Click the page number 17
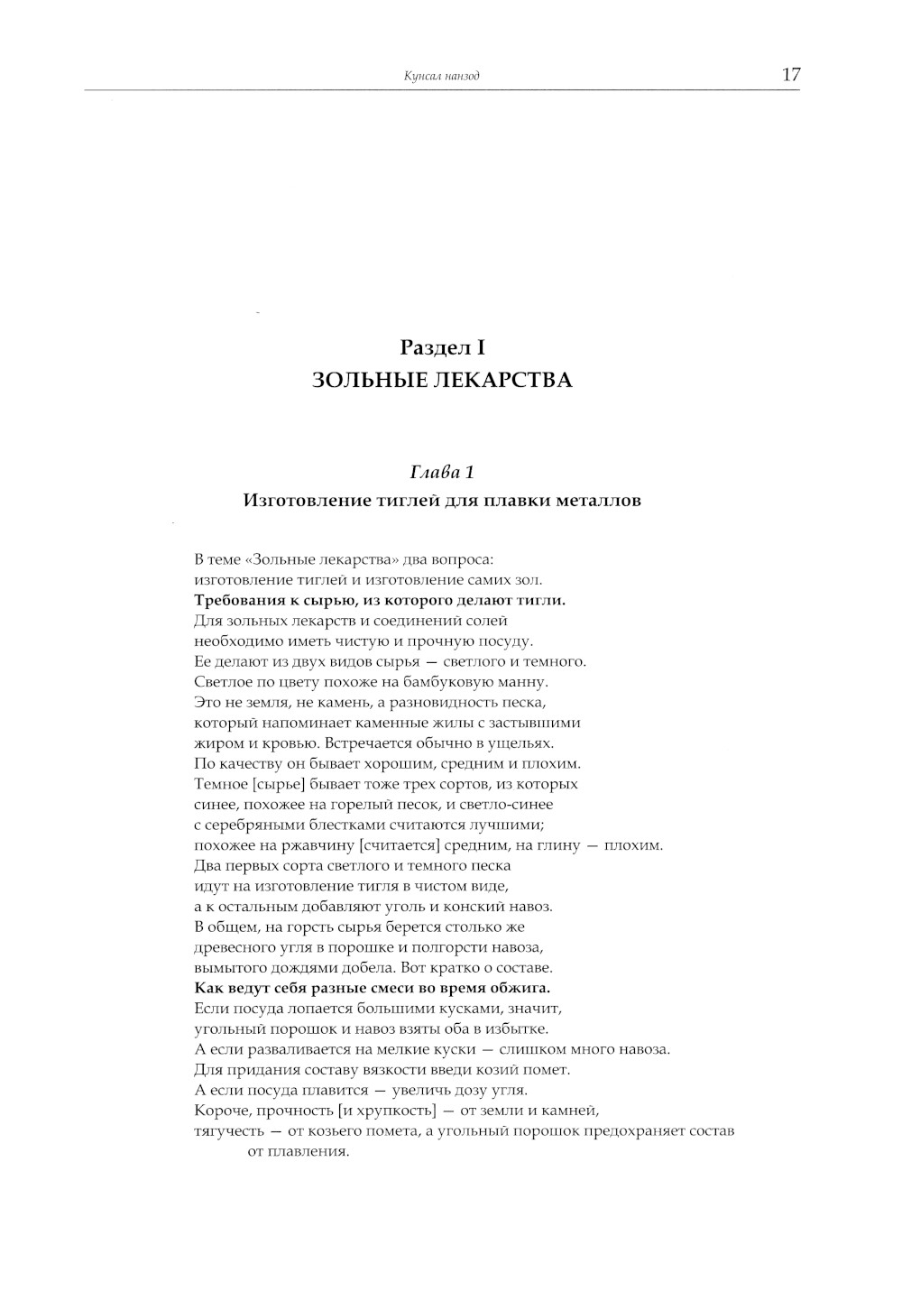pos(791,75)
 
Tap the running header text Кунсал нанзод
pos(442,77)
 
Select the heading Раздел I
pos(442,346)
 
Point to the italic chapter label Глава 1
pos(442,472)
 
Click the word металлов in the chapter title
pos(602,500)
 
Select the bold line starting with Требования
pos(380,600)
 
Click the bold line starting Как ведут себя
pos(373,988)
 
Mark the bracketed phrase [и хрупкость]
pos(390,1111)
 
